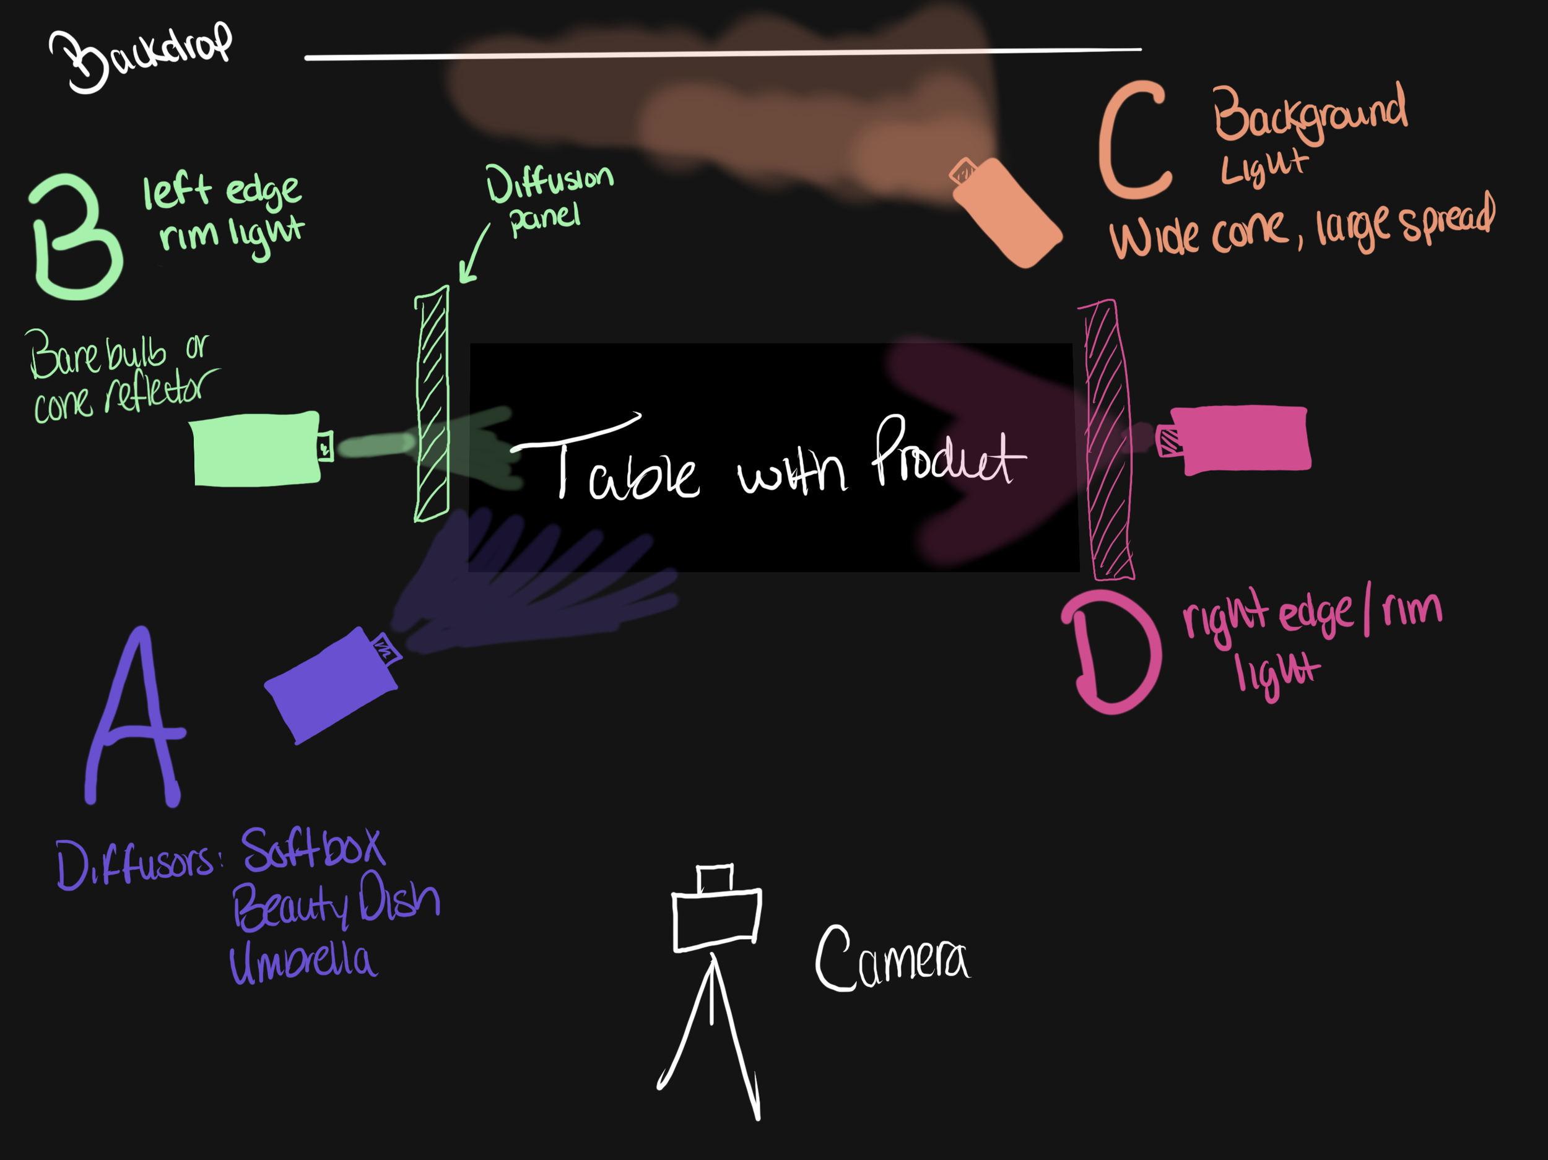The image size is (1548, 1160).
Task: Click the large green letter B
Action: pyautogui.click(x=76, y=236)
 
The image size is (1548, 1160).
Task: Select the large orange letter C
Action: pyautogui.click(x=1133, y=140)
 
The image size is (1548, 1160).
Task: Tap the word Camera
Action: pyautogui.click(x=892, y=958)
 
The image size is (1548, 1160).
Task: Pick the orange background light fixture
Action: pyautogui.click(x=1007, y=213)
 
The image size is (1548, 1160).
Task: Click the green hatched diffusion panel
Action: pyautogui.click(x=431, y=404)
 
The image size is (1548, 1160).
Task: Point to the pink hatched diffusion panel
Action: pyautogui.click(x=1107, y=439)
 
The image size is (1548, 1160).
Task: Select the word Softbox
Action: pyautogui.click(x=313, y=849)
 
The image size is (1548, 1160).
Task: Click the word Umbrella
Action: pyautogui.click(x=303, y=963)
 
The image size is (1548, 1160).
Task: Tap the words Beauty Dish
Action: pyautogui.click(x=336, y=904)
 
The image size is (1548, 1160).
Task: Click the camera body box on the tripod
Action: pyautogui.click(x=716, y=919)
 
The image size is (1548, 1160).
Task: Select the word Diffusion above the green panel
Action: pyautogui.click(x=550, y=182)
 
